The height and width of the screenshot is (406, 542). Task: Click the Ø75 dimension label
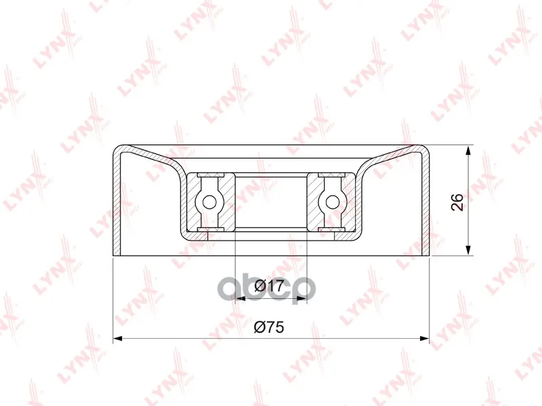point(268,327)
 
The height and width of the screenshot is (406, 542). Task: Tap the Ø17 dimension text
point(268,286)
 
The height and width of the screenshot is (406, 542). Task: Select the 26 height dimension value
point(457,202)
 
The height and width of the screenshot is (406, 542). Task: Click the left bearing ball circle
point(209,202)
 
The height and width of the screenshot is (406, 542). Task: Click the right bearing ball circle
point(333,202)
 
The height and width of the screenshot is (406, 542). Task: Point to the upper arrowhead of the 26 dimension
point(468,151)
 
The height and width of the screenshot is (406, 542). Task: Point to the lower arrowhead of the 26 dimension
point(468,249)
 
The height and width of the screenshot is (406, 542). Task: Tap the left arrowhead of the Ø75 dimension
point(118,339)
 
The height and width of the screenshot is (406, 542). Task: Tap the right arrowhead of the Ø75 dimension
point(424,339)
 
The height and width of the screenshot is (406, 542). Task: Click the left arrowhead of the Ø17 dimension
point(240,298)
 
